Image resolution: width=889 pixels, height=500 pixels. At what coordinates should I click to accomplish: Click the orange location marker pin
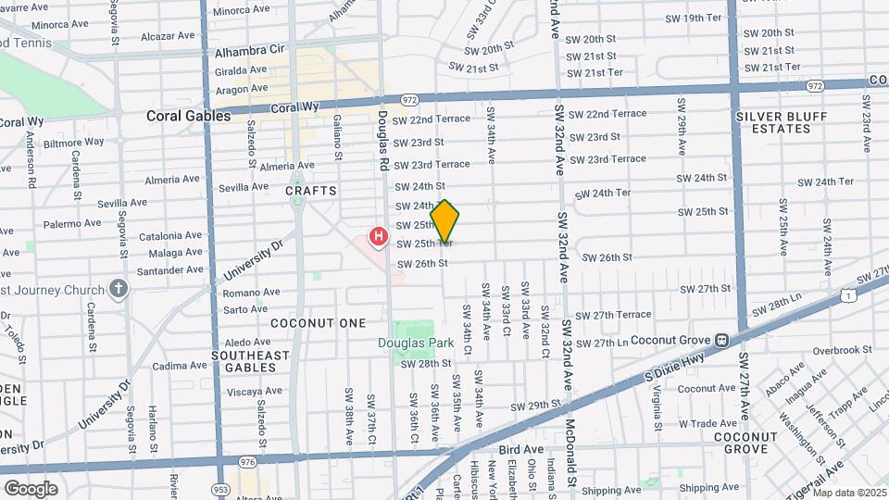[x=445, y=221]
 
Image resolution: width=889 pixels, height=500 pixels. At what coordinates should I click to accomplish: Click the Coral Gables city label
[x=188, y=116]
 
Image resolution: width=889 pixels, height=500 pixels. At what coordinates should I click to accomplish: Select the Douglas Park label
[x=416, y=343]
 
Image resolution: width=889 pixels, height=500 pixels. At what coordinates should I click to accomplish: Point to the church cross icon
[x=118, y=289]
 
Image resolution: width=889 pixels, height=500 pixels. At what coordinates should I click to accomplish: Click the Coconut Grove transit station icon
[x=720, y=339]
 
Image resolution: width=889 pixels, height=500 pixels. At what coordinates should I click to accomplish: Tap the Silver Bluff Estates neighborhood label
[x=773, y=122]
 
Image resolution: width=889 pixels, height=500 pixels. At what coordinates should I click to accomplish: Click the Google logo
[x=31, y=488]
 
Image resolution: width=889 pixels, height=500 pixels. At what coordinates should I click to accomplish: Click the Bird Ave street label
[x=520, y=449]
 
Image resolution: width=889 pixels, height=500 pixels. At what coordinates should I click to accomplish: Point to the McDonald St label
[x=572, y=455]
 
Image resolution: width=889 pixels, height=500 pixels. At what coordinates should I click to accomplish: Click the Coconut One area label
[x=306, y=323]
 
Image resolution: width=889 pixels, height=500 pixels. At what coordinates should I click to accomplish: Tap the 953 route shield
[x=221, y=488]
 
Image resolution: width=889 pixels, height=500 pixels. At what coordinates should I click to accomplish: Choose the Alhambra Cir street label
[x=249, y=50]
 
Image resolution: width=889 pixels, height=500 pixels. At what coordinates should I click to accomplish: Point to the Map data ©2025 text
[x=849, y=493]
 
